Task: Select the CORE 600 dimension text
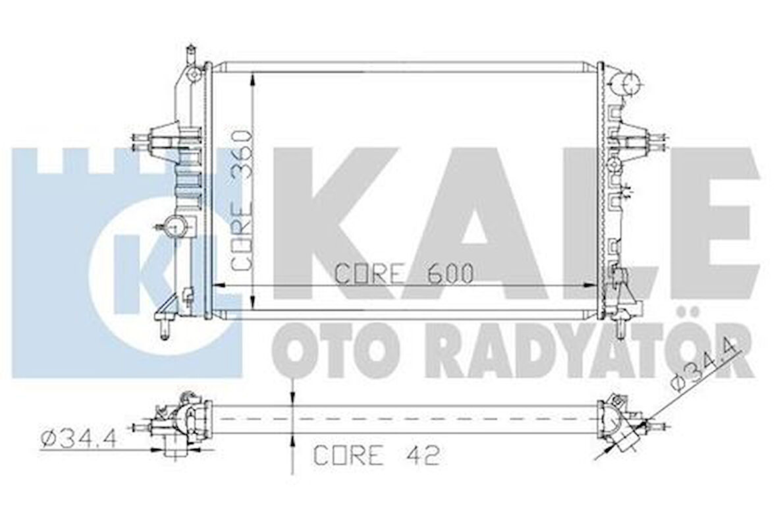(x=404, y=273)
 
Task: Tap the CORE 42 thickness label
(x=376, y=455)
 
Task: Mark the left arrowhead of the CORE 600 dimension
(x=220, y=285)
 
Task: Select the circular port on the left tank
(x=176, y=227)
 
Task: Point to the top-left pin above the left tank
(x=191, y=52)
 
